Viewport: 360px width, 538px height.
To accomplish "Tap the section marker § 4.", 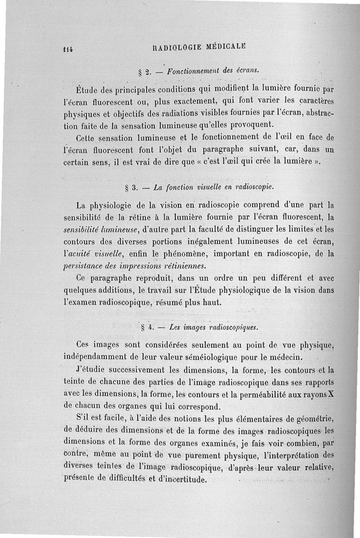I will [x=146, y=327].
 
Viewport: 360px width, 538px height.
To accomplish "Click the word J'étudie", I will [x=92, y=371].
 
